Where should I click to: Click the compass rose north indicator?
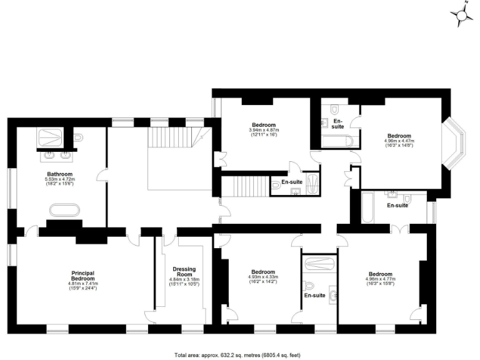tap(461, 14)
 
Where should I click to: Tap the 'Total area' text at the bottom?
tap(240, 353)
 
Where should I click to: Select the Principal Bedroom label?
tap(82, 276)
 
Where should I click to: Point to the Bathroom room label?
tap(60, 174)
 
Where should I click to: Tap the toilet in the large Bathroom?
tap(78, 137)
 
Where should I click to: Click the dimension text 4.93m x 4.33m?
tap(263, 277)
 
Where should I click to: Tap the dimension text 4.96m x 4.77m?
tap(381, 279)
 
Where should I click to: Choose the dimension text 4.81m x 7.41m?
tap(82, 284)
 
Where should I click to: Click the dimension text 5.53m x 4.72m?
tap(60, 180)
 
